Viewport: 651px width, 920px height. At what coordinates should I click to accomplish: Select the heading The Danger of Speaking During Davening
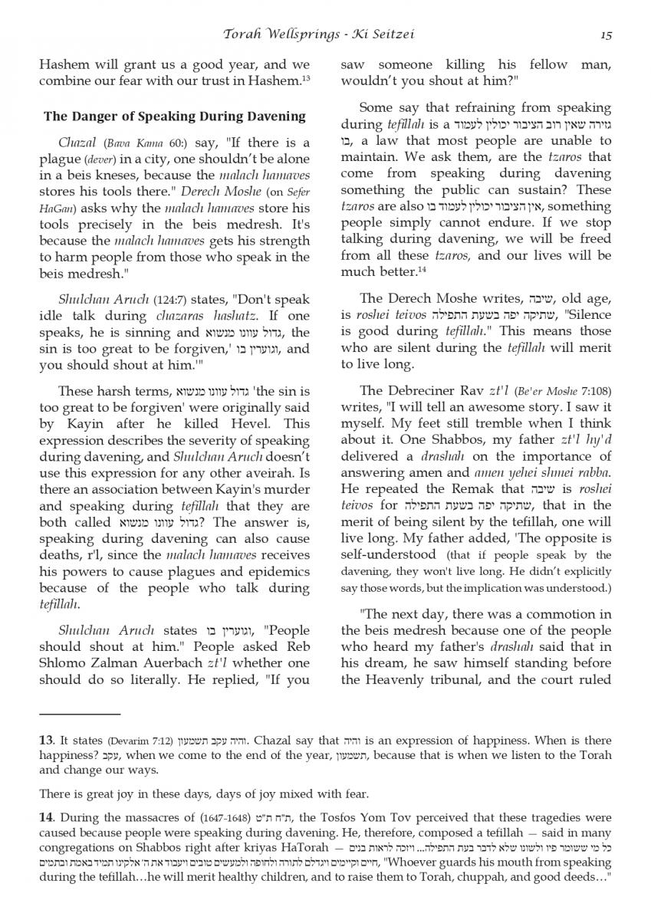175,117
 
